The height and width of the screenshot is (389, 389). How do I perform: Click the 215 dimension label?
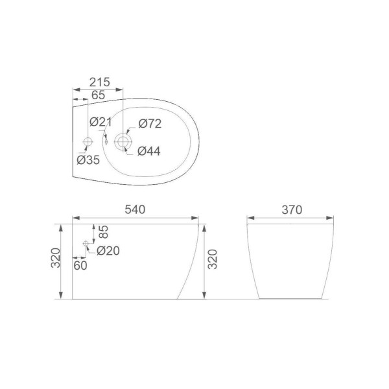[99, 82]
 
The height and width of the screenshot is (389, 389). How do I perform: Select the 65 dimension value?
[99, 95]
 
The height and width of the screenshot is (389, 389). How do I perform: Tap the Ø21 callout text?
[100, 122]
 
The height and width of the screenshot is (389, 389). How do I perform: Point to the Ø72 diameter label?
[150, 124]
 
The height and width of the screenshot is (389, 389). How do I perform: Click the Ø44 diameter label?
[149, 151]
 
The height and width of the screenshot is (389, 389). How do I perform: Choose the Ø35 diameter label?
[88, 159]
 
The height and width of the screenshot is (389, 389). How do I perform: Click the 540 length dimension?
[135, 209]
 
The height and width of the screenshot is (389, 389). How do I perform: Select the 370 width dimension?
[292, 210]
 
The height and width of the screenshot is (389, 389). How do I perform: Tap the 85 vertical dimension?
[104, 231]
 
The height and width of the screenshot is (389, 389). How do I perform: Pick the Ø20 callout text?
[108, 251]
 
